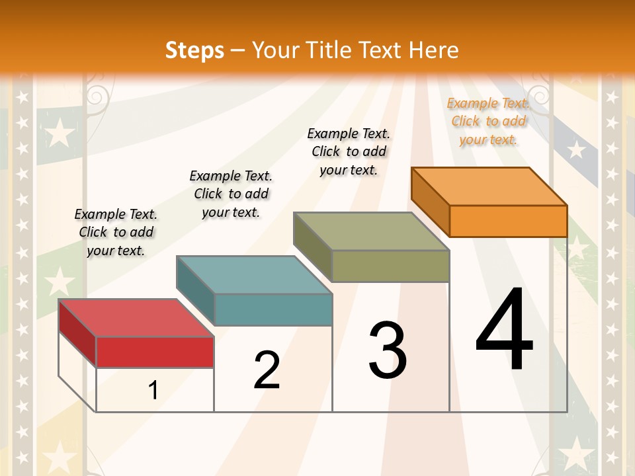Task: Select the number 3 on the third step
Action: click(388, 350)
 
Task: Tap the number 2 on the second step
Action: click(267, 370)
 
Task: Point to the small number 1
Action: click(153, 391)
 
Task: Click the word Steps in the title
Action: click(194, 50)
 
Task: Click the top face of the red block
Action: click(136, 318)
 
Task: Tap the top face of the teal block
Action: click(254, 274)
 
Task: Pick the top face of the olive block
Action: click(371, 231)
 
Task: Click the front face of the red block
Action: click(155, 352)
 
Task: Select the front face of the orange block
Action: click(508, 221)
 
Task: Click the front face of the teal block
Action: click(273, 309)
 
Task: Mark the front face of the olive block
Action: click(390, 266)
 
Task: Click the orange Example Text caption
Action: click(488, 121)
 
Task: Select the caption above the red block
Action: click(116, 232)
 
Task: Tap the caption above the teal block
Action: click(231, 194)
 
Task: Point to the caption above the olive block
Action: click(349, 151)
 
